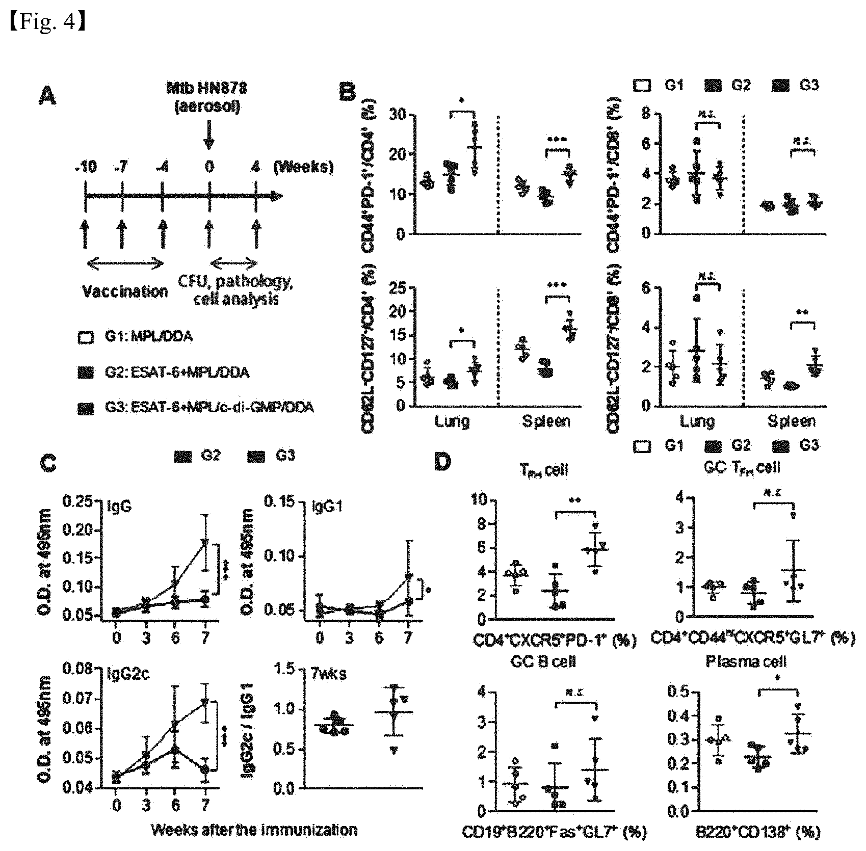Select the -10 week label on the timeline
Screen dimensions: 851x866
click(x=85, y=167)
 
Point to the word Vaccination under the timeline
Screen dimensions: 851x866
click(x=125, y=291)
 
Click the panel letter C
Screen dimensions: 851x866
click(x=48, y=464)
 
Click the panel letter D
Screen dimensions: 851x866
click(x=442, y=463)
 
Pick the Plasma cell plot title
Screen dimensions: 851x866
click(x=746, y=662)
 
